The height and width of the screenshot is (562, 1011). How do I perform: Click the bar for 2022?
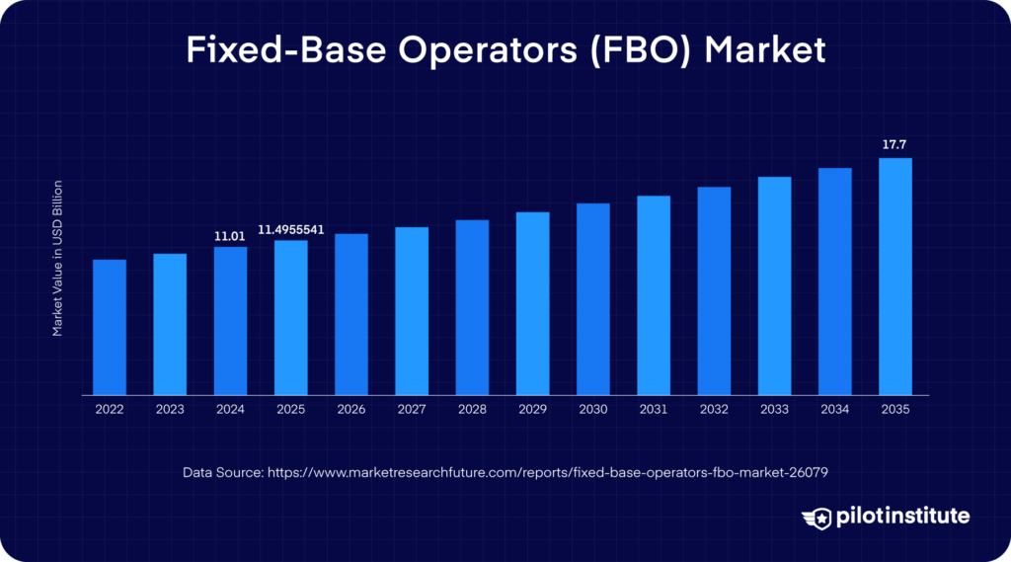point(110,327)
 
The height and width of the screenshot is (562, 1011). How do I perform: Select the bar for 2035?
point(894,277)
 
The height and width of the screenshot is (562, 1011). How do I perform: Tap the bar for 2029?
point(532,303)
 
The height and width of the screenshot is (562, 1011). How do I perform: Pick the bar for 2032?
point(714,290)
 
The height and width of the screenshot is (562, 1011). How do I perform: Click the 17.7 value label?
point(894,145)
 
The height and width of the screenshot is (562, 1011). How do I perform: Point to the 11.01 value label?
point(230,236)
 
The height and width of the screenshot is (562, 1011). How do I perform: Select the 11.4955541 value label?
point(290,229)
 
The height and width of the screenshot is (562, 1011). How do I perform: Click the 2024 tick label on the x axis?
point(230,409)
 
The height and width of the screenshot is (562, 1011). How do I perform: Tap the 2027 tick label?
point(412,409)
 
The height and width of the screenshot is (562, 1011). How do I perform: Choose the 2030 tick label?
point(592,409)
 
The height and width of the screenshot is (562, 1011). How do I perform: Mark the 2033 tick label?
point(774,409)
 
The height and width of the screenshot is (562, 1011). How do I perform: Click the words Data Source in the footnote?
point(222,473)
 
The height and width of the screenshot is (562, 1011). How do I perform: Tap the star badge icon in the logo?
point(818,517)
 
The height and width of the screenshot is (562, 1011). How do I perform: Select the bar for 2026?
point(351,314)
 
